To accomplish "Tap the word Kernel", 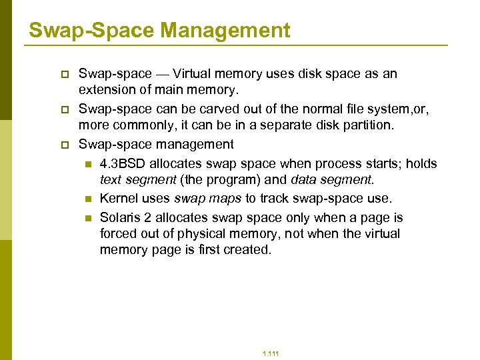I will click(x=119, y=198).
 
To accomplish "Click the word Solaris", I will click(x=121, y=217).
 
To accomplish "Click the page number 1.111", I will click(x=271, y=353).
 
